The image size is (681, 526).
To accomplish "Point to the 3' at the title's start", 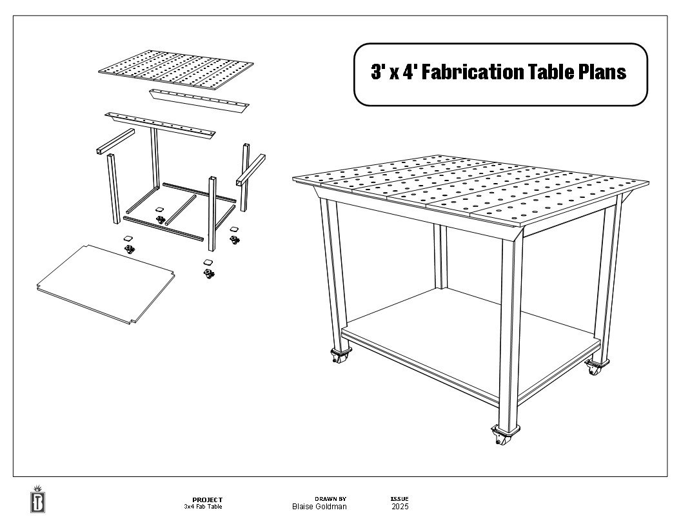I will click(377, 72).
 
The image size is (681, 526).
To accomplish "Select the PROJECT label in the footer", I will click(207, 500).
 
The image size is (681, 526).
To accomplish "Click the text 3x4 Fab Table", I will click(203, 507).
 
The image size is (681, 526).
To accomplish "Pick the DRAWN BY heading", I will click(330, 499).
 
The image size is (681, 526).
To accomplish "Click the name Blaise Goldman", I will click(319, 507).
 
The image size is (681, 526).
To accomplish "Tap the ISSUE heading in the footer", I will click(399, 499).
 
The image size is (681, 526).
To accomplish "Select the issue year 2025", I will click(400, 507).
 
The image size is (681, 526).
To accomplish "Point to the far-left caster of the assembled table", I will click(338, 356).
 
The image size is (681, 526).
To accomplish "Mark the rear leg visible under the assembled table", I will click(441, 258).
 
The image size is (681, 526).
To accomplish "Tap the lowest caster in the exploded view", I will click(207, 273).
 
